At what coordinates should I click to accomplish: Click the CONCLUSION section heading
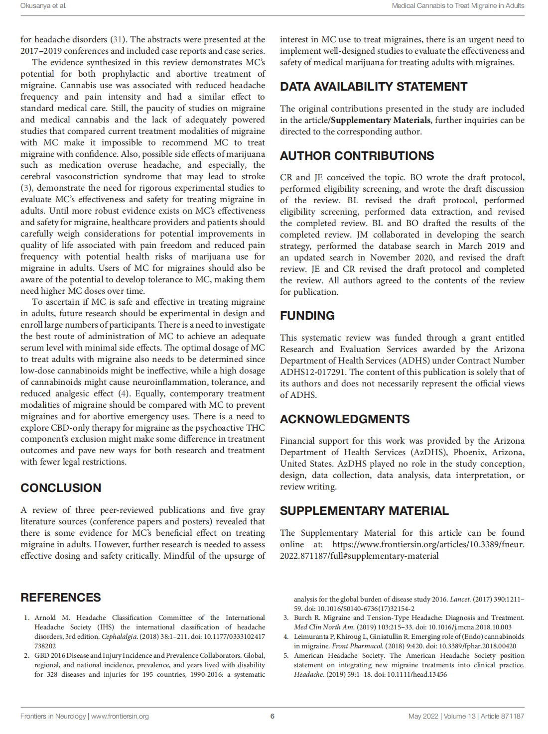pyautogui.click(x=61, y=488)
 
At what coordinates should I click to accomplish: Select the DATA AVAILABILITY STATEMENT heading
pyautogui.click(x=374, y=87)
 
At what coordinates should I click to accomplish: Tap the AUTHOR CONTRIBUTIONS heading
pyautogui.click(x=357, y=156)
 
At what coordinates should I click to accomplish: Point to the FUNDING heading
pyautogui.click(x=307, y=316)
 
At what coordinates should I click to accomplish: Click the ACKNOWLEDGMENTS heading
pyautogui.click(x=345, y=419)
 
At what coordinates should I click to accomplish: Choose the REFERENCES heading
pyautogui.click(x=61, y=598)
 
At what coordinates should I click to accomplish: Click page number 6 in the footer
pyautogui.click(x=273, y=716)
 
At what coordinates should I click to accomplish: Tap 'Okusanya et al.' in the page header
pyautogui.click(x=43, y=6)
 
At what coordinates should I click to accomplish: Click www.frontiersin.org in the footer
pyautogui.click(x=120, y=716)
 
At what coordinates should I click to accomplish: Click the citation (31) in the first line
pyautogui.click(x=118, y=39)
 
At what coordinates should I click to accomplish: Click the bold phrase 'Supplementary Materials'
pyautogui.click(x=381, y=120)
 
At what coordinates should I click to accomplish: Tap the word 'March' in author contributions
pyautogui.click(x=470, y=246)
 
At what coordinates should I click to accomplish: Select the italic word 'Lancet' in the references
pyautogui.click(x=460, y=599)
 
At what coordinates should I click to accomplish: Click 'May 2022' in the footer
pyautogui.click(x=423, y=716)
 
